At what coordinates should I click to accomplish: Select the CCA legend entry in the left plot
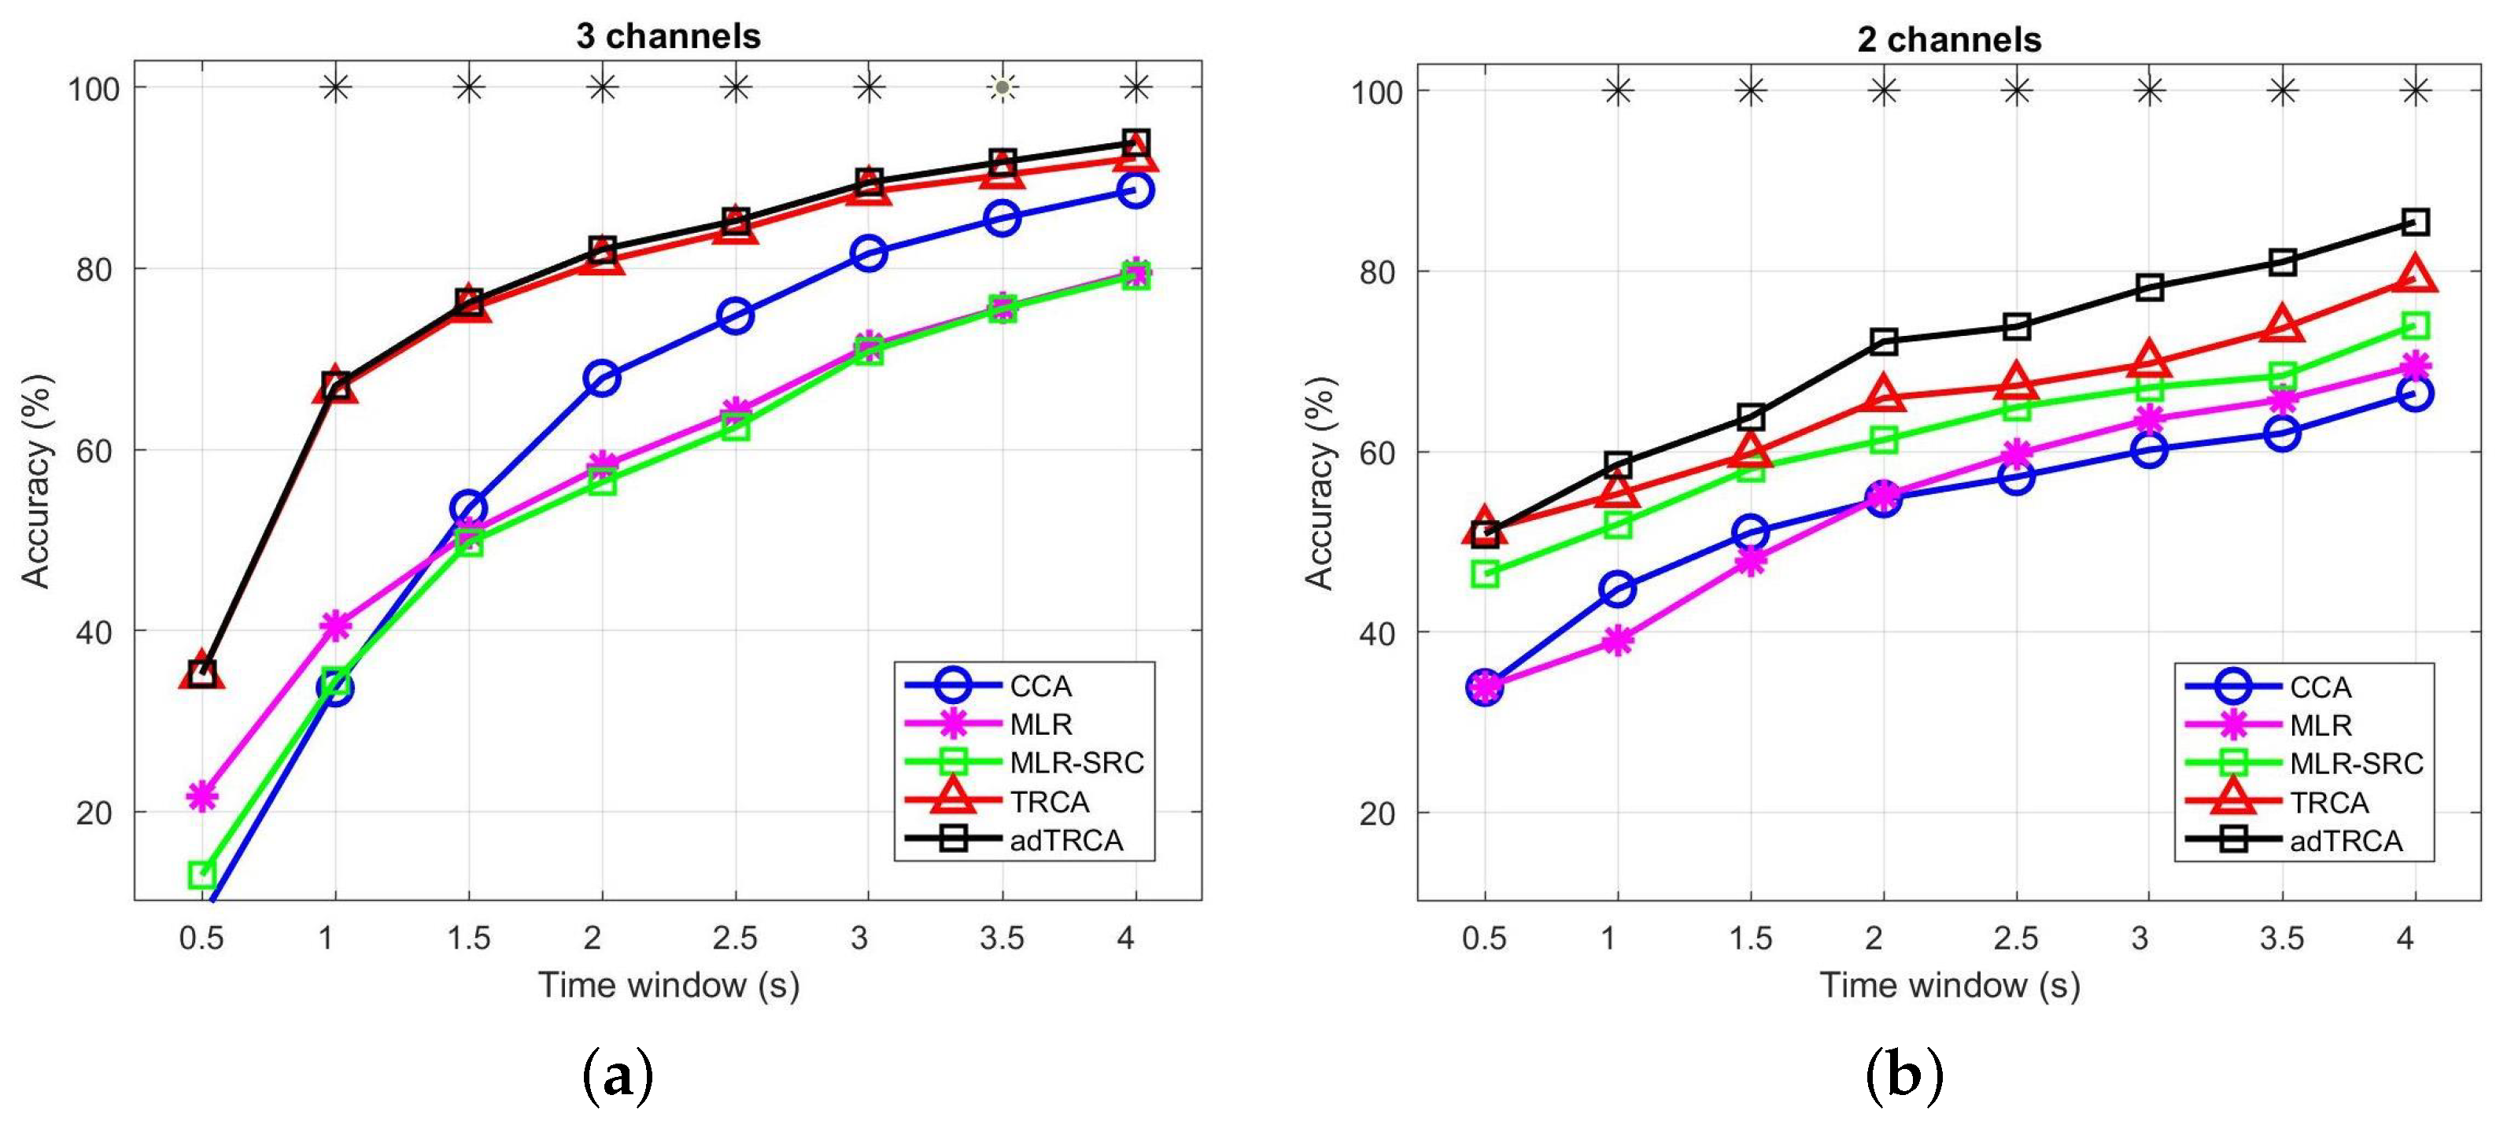(x=1039, y=686)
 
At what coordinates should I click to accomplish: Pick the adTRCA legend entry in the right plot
(x=2345, y=841)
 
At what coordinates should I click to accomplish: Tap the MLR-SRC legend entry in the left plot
(x=1076, y=762)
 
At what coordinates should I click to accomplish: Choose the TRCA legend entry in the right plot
(x=2328, y=802)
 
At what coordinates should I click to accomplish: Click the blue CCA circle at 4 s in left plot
(x=1135, y=190)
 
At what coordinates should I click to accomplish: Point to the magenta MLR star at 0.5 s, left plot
(x=201, y=796)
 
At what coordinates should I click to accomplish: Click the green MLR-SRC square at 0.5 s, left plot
(x=201, y=875)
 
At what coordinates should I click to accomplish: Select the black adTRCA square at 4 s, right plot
(x=2416, y=222)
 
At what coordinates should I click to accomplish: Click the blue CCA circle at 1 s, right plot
(x=1617, y=589)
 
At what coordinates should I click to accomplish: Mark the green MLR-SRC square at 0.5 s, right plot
(x=1484, y=573)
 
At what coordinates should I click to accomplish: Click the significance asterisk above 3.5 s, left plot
(x=1002, y=88)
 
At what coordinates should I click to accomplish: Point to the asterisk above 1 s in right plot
(x=1617, y=92)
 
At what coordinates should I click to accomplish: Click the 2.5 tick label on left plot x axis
(x=734, y=938)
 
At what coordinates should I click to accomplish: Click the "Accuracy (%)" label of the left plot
(x=36, y=481)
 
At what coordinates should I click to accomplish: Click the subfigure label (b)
(x=1904, y=1075)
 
